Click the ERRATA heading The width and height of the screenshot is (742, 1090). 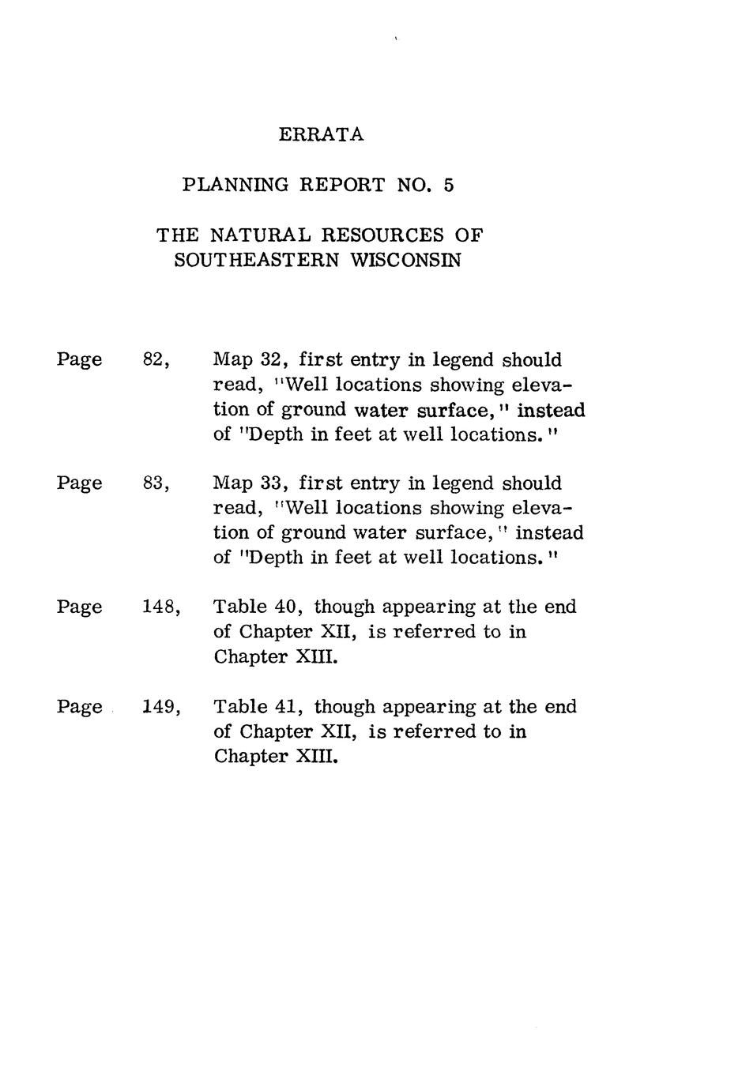[x=321, y=135]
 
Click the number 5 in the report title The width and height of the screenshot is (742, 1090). [x=449, y=186]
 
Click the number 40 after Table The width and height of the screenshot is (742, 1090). [x=283, y=607]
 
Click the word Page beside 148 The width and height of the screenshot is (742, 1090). [x=79, y=607]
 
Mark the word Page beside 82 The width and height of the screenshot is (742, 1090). [x=79, y=360]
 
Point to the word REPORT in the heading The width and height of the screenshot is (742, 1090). [x=342, y=186]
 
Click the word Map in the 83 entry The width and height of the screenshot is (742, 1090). [x=232, y=483]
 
